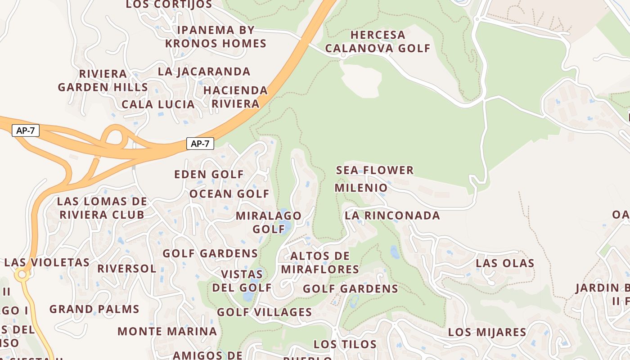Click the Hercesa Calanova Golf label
click(378, 41)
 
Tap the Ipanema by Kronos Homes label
click(216, 37)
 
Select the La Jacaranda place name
click(204, 72)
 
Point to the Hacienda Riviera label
click(235, 97)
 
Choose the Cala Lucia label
click(158, 104)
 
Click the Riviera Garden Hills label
click(103, 81)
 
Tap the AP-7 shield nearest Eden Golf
click(200, 144)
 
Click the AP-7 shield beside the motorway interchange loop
click(26, 131)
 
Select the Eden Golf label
click(209, 174)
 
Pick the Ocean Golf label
click(229, 194)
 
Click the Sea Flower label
click(375, 170)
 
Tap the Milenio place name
click(361, 188)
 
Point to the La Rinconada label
click(392, 216)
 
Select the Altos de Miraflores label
click(320, 263)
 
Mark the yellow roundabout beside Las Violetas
click(22, 274)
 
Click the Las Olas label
click(505, 263)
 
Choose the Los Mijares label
click(487, 333)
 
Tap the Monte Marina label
click(167, 332)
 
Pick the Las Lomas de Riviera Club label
click(102, 208)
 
